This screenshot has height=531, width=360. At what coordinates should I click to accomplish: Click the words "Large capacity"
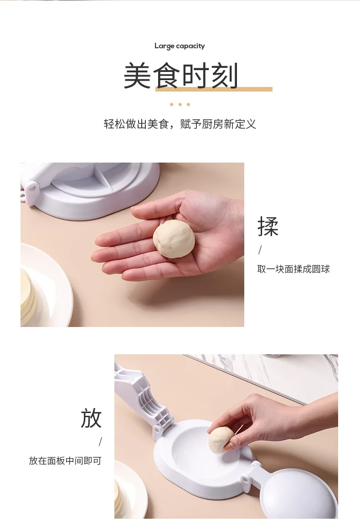[x=180, y=46]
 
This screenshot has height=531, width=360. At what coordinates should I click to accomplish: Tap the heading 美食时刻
[x=180, y=76]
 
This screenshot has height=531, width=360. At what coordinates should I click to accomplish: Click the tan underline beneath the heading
[x=214, y=89]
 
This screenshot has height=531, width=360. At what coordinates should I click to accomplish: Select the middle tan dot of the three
[x=180, y=104]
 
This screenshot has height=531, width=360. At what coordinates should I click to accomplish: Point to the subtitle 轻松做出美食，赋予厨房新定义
[x=180, y=124]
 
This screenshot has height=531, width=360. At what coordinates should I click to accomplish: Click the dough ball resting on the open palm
[x=174, y=239]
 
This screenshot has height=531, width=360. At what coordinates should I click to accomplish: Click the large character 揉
[x=268, y=226]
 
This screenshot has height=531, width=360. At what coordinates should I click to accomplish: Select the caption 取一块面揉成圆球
[x=293, y=269]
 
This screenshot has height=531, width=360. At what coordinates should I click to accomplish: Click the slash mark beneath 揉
[x=260, y=250]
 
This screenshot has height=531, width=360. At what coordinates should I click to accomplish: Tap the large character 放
[x=91, y=418]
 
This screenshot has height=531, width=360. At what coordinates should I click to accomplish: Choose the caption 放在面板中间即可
[x=65, y=460]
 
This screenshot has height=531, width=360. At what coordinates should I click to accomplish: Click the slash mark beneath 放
[x=100, y=442]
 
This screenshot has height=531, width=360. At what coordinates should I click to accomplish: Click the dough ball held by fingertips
[x=221, y=440]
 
